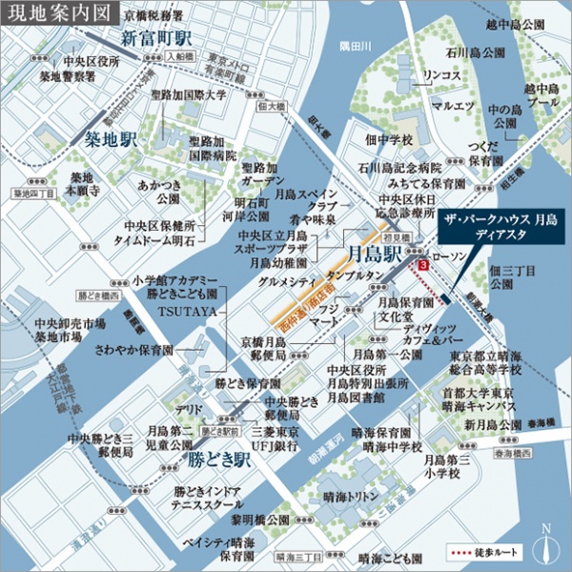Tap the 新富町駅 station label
point(156,39)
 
